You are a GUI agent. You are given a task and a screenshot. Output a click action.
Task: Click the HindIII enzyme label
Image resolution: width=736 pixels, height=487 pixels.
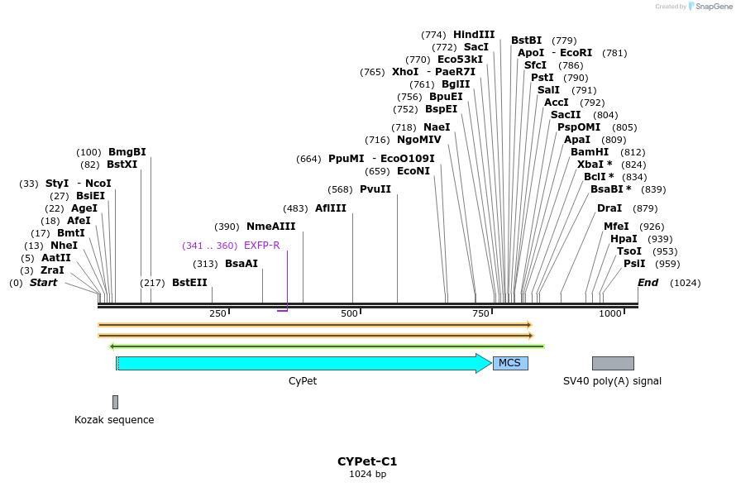point(474,35)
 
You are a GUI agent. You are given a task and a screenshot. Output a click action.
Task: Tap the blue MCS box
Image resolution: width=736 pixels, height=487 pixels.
point(510,363)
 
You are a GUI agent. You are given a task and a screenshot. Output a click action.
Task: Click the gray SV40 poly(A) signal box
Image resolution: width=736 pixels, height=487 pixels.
point(613,363)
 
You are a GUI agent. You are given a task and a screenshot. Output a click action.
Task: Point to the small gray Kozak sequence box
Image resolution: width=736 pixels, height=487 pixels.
point(115,402)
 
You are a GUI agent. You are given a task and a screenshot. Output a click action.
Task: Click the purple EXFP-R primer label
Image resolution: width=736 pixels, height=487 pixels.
point(261,246)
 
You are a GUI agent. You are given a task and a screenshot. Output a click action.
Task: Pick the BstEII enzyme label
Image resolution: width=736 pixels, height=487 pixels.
point(189,283)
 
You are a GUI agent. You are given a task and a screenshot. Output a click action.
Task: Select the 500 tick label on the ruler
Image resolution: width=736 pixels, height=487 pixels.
point(349,314)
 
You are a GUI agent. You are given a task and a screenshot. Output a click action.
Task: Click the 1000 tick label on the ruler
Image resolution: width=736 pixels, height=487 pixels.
point(610,314)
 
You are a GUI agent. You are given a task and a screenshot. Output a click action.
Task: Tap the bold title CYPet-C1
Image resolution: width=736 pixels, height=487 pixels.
point(367,461)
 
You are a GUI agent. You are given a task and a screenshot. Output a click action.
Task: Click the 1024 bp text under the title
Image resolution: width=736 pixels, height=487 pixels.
point(367,475)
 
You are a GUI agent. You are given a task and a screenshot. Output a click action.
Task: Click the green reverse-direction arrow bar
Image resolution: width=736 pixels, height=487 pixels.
point(327,346)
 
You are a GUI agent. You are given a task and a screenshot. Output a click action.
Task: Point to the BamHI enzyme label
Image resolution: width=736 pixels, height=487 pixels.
point(590,152)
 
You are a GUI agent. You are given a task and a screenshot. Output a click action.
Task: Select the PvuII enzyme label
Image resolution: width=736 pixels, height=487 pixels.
point(375,189)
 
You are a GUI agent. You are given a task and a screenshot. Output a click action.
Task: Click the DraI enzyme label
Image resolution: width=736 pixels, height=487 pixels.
point(609,208)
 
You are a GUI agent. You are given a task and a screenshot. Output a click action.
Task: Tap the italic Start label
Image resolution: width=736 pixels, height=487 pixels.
point(44,283)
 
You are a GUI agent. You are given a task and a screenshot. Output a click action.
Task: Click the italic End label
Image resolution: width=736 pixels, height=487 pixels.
point(648,283)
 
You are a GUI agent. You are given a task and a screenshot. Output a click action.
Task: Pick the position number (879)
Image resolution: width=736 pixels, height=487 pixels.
point(645,208)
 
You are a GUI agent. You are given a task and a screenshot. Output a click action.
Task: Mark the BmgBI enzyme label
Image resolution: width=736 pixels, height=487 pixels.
point(127,152)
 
